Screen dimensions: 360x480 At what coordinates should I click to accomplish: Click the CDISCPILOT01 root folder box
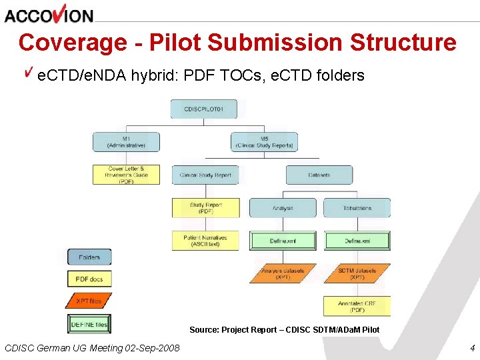[x=203, y=109]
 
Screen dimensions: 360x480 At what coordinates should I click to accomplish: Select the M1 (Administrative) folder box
[x=126, y=142]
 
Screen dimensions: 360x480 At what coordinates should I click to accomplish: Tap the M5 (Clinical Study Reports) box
[x=264, y=142]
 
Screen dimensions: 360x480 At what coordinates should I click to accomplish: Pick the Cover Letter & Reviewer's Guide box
[x=126, y=175]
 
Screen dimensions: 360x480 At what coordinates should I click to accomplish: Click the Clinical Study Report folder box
[x=205, y=175]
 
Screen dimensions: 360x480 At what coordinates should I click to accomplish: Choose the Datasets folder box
[x=319, y=175]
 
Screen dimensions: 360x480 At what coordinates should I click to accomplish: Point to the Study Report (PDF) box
[x=205, y=208]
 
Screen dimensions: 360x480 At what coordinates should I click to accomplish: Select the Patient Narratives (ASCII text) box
[x=205, y=241]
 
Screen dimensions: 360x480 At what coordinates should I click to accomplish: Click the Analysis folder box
[x=283, y=208]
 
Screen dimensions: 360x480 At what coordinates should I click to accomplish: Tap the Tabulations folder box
[x=357, y=208]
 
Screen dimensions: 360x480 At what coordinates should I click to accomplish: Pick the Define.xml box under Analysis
[x=283, y=241]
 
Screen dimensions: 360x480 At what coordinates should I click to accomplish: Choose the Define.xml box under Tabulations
[x=357, y=241]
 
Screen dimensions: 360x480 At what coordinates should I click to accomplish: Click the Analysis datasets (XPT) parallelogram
[x=283, y=273]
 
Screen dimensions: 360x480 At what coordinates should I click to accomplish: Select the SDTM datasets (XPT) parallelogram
[x=357, y=273]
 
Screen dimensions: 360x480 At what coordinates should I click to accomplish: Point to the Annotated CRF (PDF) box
[x=357, y=306]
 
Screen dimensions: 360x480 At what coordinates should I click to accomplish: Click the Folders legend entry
[x=89, y=257]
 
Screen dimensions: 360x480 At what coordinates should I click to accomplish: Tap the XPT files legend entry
[x=89, y=301]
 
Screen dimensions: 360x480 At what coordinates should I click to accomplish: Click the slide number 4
[x=471, y=347]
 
